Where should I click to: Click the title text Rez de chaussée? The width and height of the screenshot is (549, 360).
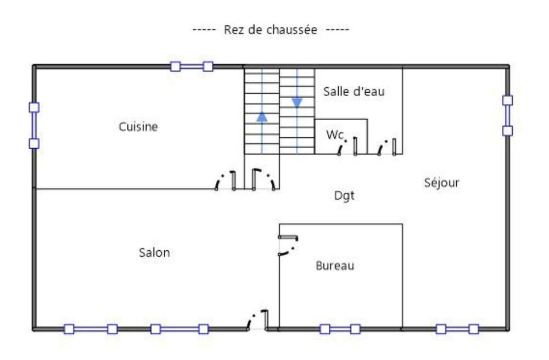click(x=270, y=30)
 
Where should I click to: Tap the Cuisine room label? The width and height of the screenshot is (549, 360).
click(x=138, y=126)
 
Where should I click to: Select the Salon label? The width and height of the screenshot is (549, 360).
click(x=154, y=252)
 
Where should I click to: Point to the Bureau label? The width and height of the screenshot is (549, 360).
click(x=335, y=266)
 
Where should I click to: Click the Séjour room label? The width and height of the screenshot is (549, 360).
click(x=441, y=182)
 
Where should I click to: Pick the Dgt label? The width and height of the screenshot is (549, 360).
click(x=344, y=195)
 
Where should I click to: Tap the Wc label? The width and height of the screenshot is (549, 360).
click(x=335, y=134)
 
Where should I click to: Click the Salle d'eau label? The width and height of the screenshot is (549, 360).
click(x=354, y=92)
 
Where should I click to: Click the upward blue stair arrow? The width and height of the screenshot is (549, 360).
click(x=262, y=116)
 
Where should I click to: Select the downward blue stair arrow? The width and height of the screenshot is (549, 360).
click(x=297, y=103)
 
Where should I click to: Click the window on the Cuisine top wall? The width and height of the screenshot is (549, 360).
click(x=192, y=66)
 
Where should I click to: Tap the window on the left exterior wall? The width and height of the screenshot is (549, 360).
click(x=34, y=126)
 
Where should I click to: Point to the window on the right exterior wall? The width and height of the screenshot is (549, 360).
click(x=508, y=115)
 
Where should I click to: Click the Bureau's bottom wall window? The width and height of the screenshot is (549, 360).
click(x=340, y=329)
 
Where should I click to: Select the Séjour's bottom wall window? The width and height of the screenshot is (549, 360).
click(x=457, y=329)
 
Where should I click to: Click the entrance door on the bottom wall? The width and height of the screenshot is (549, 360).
click(x=257, y=320)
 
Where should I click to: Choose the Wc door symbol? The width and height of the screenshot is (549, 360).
click(x=348, y=146)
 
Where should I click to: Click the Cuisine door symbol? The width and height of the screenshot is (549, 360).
click(x=226, y=181)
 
